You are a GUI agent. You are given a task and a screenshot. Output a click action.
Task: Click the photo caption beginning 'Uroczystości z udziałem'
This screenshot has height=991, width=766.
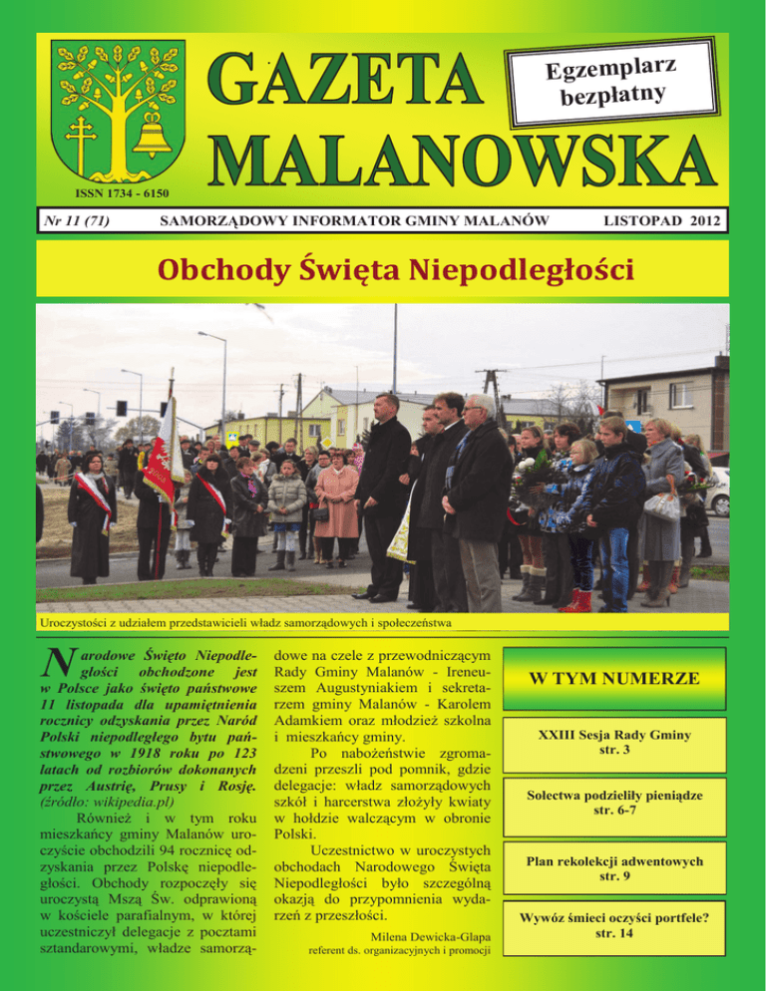point(243,623)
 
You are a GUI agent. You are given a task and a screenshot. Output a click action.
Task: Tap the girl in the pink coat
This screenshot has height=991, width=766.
point(336,498)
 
